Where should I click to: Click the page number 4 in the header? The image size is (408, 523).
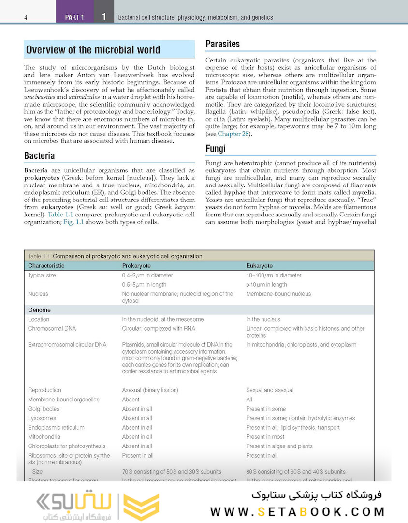25,18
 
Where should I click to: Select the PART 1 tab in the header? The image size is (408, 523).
74,17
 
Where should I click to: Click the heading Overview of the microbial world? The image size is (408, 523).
93,50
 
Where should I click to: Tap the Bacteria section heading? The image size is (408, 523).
39,156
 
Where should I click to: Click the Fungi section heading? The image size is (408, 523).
216,149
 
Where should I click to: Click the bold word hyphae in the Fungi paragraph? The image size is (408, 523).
234,192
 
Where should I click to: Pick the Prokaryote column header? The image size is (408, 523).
136,266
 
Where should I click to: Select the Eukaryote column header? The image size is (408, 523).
260,266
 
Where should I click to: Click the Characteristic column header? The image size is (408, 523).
46,266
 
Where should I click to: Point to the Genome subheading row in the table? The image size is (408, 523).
39,310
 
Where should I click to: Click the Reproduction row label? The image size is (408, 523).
44,390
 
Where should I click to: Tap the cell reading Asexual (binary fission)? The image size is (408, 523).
150,390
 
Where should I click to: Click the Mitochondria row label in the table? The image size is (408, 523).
44,437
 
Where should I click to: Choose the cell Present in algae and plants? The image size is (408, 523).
279,446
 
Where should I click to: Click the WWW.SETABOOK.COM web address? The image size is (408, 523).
297,511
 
